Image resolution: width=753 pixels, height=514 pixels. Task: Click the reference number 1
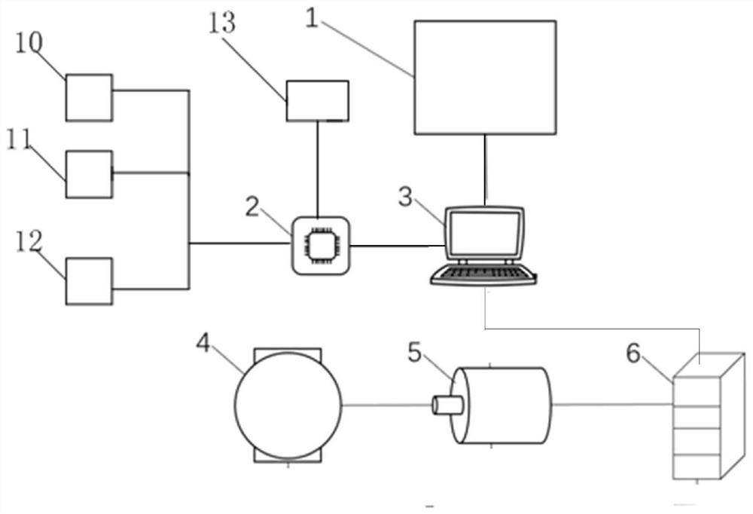[311, 17]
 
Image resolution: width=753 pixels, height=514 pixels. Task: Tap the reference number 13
[222, 23]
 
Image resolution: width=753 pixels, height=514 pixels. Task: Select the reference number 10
[30, 44]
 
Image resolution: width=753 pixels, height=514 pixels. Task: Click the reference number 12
[29, 240]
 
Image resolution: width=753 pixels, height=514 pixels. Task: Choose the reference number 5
[415, 352]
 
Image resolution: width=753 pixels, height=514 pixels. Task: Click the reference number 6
[633, 353]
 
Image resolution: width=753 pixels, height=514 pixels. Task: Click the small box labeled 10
[89, 98]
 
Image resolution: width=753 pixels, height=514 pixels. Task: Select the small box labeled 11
[89, 174]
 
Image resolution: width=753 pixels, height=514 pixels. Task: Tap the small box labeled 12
[89, 281]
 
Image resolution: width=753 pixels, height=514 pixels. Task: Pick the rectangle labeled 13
[317, 101]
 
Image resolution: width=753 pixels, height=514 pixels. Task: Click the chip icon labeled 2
[320, 246]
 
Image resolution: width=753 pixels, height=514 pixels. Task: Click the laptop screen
[484, 234]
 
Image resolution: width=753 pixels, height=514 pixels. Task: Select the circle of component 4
[288, 405]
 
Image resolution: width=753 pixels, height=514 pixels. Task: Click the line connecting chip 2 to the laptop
[397, 246]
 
